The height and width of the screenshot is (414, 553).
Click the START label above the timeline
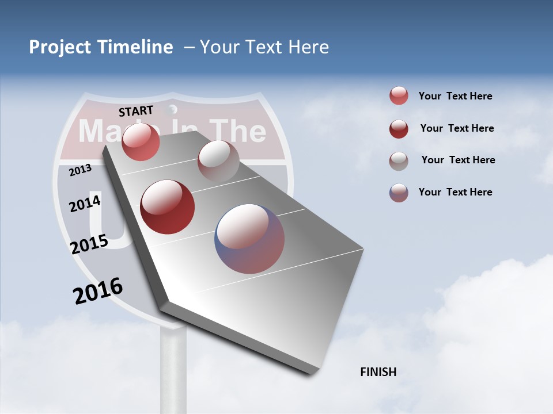pyautogui.click(x=136, y=111)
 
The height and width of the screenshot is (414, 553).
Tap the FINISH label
pyautogui.click(x=378, y=372)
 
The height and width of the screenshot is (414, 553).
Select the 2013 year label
pyautogui.click(x=80, y=170)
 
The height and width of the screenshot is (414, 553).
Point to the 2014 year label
pyautogui.click(x=85, y=204)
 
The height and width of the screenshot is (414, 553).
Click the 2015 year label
pyautogui.click(x=89, y=244)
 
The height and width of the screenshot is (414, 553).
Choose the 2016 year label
pyautogui.click(x=98, y=291)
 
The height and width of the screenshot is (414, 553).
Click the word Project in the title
pyautogui.click(x=60, y=47)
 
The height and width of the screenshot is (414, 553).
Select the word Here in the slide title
pyautogui.click(x=308, y=47)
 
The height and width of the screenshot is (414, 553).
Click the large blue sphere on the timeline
pyautogui.click(x=249, y=239)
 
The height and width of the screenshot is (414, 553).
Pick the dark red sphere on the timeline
pyautogui.click(x=168, y=207)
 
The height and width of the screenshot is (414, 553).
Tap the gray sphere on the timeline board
pyautogui.click(x=218, y=161)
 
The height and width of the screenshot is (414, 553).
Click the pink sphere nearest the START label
pyautogui.click(x=141, y=142)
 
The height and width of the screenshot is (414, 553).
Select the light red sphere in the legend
pyautogui.click(x=399, y=96)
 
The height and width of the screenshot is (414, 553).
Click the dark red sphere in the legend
pyautogui.click(x=399, y=129)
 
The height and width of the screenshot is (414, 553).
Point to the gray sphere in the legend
pyautogui.click(x=399, y=161)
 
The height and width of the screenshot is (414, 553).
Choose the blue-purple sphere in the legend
pyautogui.click(x=399, y=193)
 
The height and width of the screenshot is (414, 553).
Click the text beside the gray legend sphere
pyautogui.click(x=458, y=160)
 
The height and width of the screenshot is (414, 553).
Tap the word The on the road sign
pyautogui.click(x=237, y=131)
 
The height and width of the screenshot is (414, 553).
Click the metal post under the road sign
pyautogui.click(x=173, y=368)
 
